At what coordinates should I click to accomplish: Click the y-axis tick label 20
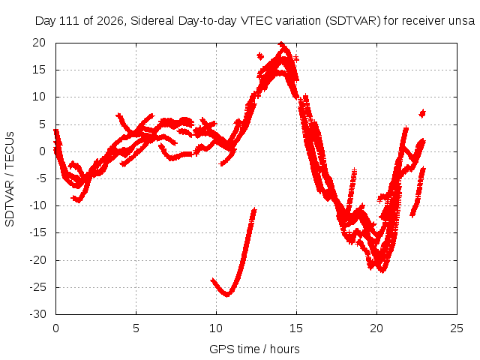(x=39, y=43)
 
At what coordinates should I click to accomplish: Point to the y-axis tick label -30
(x=37, y=314)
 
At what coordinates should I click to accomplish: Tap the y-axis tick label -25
(x=37, y=287)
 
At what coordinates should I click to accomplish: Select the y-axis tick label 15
(x=39, y=70)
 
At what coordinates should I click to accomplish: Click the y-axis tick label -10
(x=37, y=205)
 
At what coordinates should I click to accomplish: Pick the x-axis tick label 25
(x=457, y=328)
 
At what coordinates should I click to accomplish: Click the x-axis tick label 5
(x=136, y=328)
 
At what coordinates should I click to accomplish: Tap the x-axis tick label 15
(x=296, y=328)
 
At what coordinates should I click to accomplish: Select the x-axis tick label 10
(x=216, y=328)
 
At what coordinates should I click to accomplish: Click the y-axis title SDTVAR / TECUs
(x=10, y=179)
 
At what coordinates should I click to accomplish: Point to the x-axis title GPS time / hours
(x=254, y=349)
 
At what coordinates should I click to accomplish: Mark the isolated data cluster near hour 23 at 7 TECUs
(x=422, y=113)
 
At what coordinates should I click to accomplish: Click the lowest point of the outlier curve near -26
(x=227, y=295)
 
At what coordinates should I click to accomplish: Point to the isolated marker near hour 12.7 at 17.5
(x=260, y=56)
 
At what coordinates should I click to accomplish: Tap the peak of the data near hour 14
(x=282, y=43)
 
